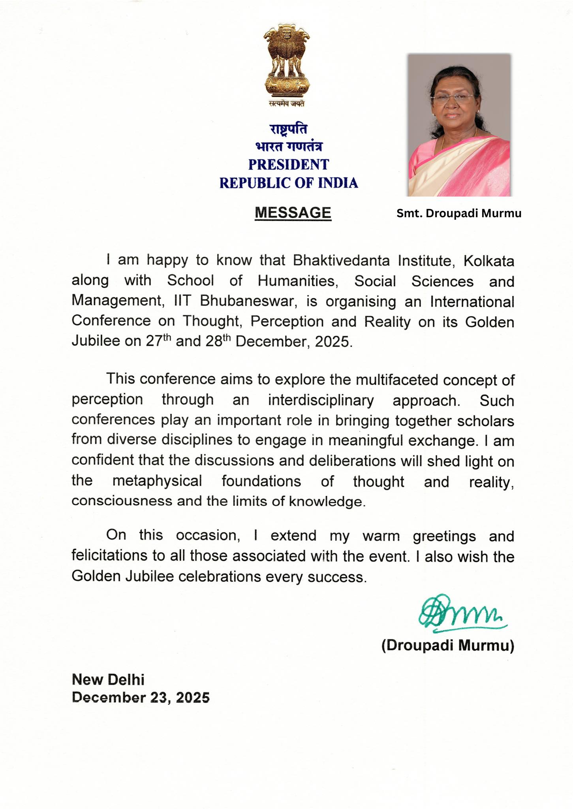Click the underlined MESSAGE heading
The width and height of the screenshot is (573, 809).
tap(293, 213)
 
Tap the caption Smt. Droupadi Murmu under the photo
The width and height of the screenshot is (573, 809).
tap(459, 213)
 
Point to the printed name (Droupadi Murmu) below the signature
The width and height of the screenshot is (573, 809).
tap(447, 645)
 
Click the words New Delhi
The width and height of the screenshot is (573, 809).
tap(108, 680)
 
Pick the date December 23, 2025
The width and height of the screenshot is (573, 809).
tap(141, 698)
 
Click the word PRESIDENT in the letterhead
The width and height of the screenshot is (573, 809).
tap(288, 165)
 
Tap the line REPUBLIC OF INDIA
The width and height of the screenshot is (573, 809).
tap(288, 183)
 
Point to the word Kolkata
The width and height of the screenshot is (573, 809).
tap(488, 261)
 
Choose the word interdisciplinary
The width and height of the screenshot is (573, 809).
tap(321, 401)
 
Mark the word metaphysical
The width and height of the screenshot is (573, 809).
tap(157, 481)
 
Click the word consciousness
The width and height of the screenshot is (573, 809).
tap(122, 501)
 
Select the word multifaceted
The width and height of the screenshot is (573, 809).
tap(397, 380)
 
